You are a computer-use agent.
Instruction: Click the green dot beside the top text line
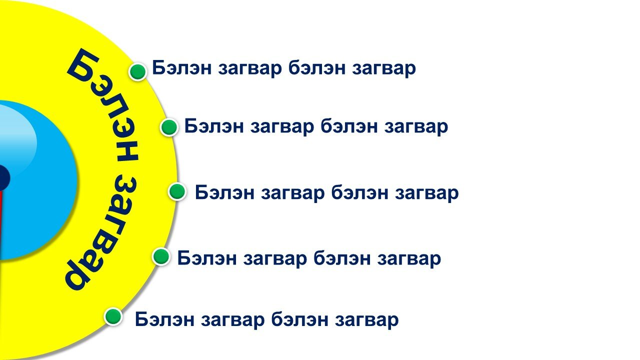pyautogui.click(x=138, y=71)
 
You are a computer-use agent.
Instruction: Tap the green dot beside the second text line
pyautogui.click(x=169, y=127)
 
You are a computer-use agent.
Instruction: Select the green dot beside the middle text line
pyautogui.click(x=177, y=191)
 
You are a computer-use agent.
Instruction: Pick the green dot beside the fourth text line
pyautogui.click(x=161, y=256)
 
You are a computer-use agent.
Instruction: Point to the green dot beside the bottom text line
pyautogui.click(x=113, y=316)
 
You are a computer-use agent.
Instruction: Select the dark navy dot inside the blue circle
pyautogui.click(x=3, y=177)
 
